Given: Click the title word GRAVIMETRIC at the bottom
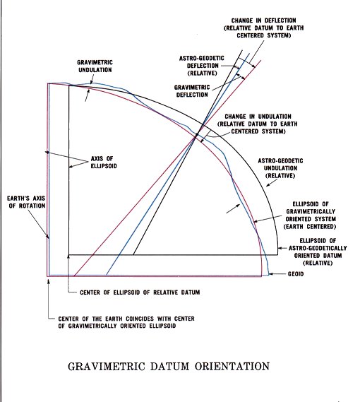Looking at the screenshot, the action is pyautogui.click(x=107, y=366).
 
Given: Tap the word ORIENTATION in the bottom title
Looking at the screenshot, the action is pyautogui.click(x=232, y=366).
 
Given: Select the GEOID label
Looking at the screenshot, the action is pyautogui.click(x=296, y=274).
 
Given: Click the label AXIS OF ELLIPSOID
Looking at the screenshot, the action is pyautogui.click(x=104, y=162).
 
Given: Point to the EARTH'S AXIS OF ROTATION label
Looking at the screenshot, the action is pyautogui.click(x=26, y=202).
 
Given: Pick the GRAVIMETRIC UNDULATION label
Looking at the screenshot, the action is pyautogui.click(x=95, y=66).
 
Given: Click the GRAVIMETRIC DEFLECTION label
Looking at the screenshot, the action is pyautogui.click(x=192, y=91).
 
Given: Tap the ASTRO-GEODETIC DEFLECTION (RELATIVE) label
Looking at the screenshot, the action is pyautogui.click(x=202, y=66).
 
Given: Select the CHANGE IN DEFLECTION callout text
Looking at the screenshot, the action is pyautogui.click(x=264, y=28).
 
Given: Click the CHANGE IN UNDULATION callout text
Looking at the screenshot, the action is pyautogui.click(x=258, y=124).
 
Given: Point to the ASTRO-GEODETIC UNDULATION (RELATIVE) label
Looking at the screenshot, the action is pyautogui.click(x=280, y=168).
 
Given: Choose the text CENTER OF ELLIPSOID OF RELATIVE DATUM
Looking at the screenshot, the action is pyautogui.click(x=140, y=292).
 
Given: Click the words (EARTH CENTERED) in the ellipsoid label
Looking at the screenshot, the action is pyautogui.click(x=309, y=227).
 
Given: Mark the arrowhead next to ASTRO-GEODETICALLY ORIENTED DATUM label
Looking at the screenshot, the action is pyautogui.click(x=280, y=248).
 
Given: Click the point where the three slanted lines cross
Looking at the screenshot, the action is pyautogui.click(x=196, y=136).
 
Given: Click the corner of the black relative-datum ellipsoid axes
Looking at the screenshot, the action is pyautogui.click(x=68, y=255).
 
